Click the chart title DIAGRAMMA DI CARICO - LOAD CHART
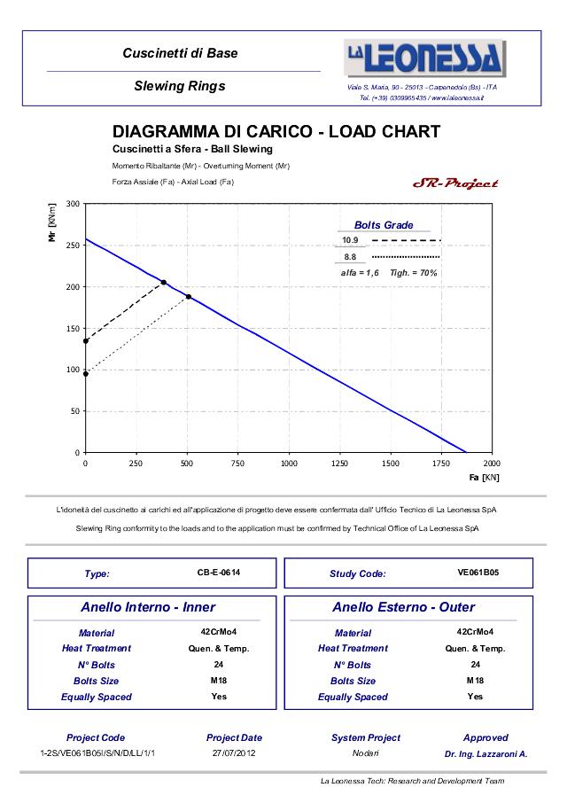[276, 132]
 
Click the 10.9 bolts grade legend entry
[351, 240]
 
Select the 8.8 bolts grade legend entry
[351, 256]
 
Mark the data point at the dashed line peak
[164, 283]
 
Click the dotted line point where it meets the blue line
[189, 297]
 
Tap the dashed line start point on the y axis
[85, 341]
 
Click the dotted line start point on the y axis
[85, 374]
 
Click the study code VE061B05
[478, 573]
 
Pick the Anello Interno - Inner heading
[148, 607]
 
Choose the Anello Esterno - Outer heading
[403, 607]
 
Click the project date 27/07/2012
[234, 753]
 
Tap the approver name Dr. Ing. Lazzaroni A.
[485, 753]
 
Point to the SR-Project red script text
[455, 183]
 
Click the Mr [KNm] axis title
[53, 222]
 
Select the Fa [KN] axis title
[485, 478]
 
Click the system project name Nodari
[365, 753]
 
